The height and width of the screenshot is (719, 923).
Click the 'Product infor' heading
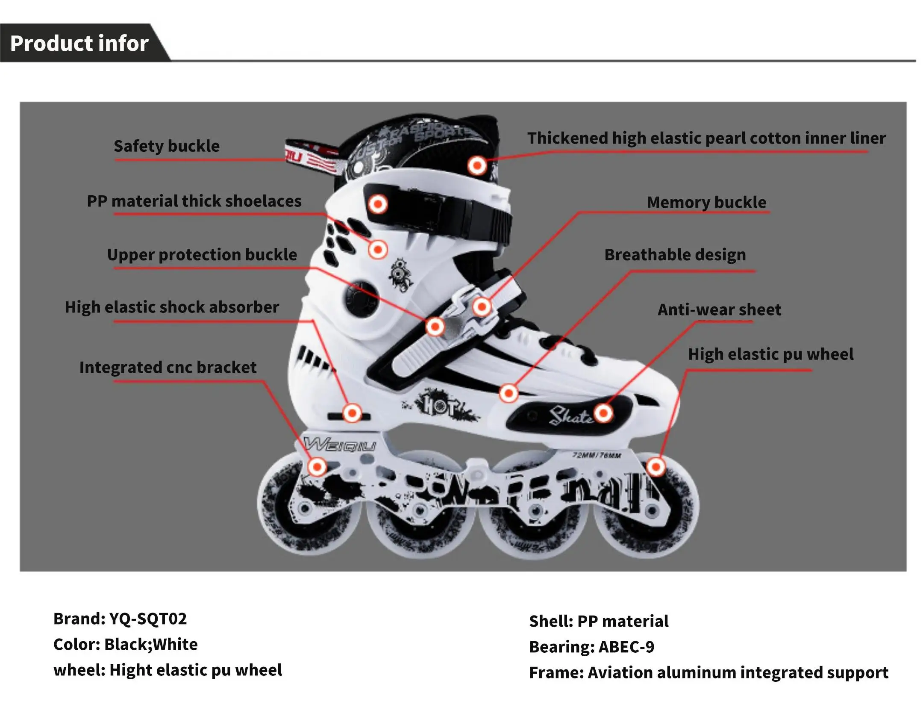click(79, 43)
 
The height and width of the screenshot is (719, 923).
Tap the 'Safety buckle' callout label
click(166, 146)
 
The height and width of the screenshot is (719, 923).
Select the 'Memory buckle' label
click(706, 202)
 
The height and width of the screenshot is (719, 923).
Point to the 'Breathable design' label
click(675, 255)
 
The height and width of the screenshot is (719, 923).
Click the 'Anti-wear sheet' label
click(719, 309)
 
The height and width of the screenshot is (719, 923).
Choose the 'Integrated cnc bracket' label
click(168, 367)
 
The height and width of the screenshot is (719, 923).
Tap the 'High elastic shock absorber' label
click(172, 307)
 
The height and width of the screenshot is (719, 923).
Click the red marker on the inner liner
click(477, 165)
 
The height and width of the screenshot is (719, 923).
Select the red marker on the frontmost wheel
click(656, 467)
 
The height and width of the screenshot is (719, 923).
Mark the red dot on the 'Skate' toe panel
click(603, 413)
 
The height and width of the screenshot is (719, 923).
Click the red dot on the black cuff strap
click(378, 204)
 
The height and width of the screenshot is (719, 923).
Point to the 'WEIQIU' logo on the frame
click(340, 445)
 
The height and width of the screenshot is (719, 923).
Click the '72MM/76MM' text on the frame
click(597, 455)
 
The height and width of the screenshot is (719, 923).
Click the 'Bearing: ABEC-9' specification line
click(591, 647)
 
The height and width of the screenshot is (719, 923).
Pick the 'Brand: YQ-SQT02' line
click(120, 619)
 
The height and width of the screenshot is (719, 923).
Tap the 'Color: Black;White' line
click(125, 644)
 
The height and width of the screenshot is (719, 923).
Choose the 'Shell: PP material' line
click(598, 621)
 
